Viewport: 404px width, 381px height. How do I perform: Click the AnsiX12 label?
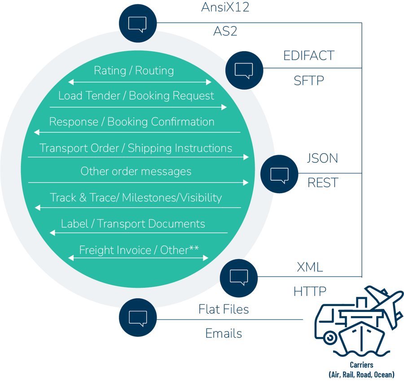(x=225, y=7)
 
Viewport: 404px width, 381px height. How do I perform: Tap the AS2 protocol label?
(x=225, y=31)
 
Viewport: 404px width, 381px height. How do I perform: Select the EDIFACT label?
(x=309, y=56)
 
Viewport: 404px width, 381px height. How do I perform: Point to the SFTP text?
(x=309, y=81)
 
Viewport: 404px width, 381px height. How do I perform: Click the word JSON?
(x=322, y=158)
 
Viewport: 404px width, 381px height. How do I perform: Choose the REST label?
(x=323, y=182)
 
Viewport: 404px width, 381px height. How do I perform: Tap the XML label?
(x=310, y=267)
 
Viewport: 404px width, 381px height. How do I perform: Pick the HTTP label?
(x=310, y=291)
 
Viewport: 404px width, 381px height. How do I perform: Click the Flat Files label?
(x=224, y=309)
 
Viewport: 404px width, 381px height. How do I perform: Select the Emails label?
(x=224, y=333)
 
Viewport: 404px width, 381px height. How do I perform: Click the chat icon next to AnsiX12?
(x=138, y=23)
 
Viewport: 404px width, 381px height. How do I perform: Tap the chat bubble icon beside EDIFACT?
(x=244, y=70)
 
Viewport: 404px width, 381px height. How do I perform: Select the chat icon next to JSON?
(x=279, y=174)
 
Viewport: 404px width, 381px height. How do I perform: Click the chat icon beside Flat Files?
(x=138, y=317)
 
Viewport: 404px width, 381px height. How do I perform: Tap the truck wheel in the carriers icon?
(x=330, y=338)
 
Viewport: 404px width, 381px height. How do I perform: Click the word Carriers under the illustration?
(x=361, y=365)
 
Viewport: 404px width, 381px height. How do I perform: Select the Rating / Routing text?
(x=134, y=70)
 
